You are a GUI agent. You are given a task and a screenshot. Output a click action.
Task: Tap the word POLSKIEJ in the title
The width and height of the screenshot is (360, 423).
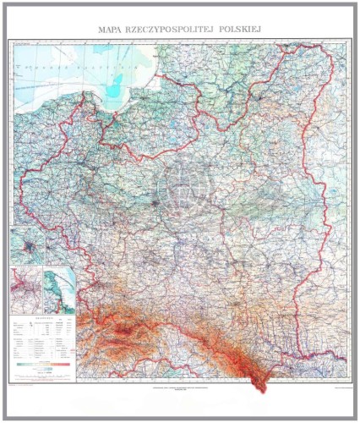[239, 30]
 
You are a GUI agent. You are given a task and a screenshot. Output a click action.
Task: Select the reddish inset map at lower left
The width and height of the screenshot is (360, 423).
[27, 290]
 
